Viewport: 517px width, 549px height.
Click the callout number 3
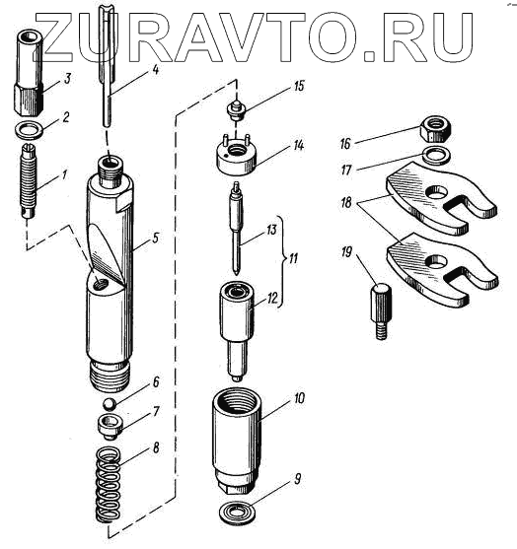66,79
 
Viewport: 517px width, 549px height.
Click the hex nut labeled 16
436,129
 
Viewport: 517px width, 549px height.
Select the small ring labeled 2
30,129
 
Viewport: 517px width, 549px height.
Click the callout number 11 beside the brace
292,259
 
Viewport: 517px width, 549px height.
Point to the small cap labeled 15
236,108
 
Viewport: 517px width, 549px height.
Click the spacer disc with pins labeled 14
237,154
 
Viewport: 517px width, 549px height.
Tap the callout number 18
346,203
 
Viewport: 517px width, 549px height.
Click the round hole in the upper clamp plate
437,191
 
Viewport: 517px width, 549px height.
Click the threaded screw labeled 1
28,180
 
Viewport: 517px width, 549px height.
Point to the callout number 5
155,239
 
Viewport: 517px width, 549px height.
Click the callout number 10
300,398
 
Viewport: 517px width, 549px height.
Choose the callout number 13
271,230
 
